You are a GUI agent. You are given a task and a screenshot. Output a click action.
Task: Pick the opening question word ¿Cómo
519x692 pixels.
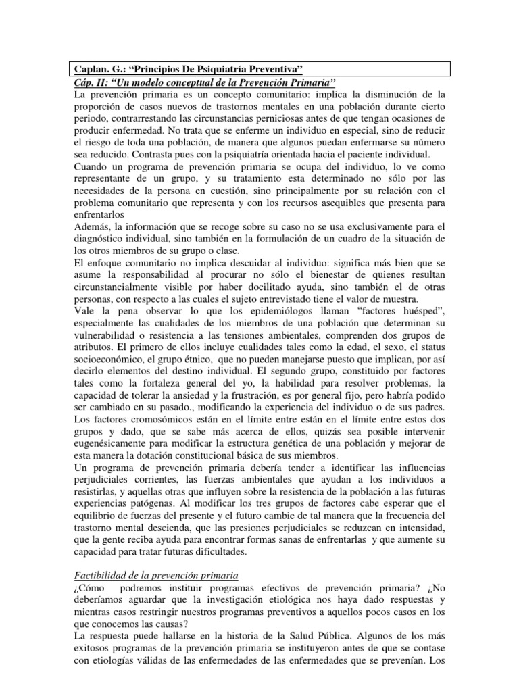tap(89, 588)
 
